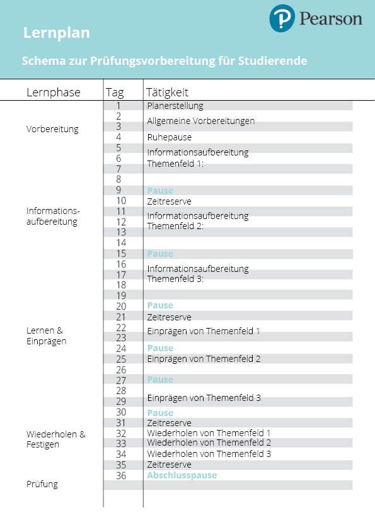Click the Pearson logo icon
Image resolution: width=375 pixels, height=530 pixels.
pyautogui.click(x=282, y=19)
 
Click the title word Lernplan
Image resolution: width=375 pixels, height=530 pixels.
pyautogui.click(x=56, y=33)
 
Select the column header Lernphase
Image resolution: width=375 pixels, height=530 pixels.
pyautogui.click(x=54, y=93)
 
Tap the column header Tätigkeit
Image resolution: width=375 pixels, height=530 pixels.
pyautogui.click(x=167, y=93)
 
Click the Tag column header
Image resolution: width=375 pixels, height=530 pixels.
pyautogui.click(x=115, y=93)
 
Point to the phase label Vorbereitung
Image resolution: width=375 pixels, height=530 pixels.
pyautogui.click(x=52, y=129)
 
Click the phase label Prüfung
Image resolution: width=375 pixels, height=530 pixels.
pyautogui.click(x=42, y=484)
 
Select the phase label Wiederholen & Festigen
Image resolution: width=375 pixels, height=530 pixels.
pyautogui.click(x=55, y=439)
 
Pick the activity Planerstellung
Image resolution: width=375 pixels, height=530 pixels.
pyautogui.click(x=175, y=106)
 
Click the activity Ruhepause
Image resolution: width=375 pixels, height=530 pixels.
pyautogui.click(x=170, y=137)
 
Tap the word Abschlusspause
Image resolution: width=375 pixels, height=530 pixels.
pyautogui.click(x=182, y=475)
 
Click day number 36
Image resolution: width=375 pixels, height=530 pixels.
pyautogui.click(x=121, y=475)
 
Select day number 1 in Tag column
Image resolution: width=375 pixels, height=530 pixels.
pyautogui.click(x=118, y=106)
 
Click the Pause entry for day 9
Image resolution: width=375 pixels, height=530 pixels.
pyautogui.click(x=160, y=191)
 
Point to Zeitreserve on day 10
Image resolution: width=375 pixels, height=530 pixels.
pyautogui.click(x=169, y=201)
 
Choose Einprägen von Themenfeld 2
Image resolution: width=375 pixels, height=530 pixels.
pyautogui.click(x=204, y=359)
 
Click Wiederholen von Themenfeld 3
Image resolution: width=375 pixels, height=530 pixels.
pyautogui.click(x=209, y=453)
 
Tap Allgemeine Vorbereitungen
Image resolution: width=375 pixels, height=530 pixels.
pyautogui.click(x=200, y=121)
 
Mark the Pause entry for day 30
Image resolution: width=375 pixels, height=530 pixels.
pyautogui.click(x=160, y=413)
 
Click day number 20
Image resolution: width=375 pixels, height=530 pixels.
pyautogui.click(x=121, y=306)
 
